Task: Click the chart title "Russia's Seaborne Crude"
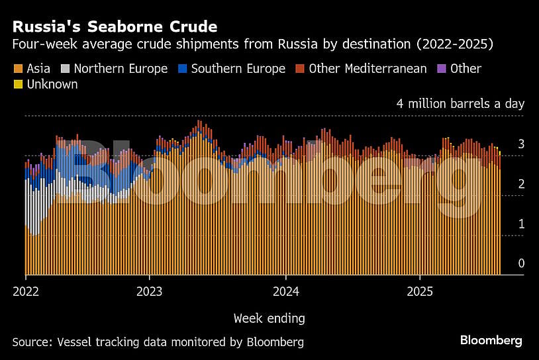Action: (115, 27)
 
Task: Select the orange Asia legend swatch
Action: (17, 69)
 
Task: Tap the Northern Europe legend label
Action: (121, 69)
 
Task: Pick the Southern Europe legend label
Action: (238, 69)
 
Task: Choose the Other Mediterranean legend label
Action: (367, 69)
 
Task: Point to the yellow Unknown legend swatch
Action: (17, 85)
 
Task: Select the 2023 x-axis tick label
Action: (149, 291)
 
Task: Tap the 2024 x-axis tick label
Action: (285, 291)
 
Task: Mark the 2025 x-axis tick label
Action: (420, 291)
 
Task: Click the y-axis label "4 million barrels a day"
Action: (460, 104)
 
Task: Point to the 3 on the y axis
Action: (521, 144)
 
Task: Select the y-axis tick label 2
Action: (521, 184)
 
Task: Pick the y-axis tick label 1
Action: (521, 224)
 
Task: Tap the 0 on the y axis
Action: (521, 263)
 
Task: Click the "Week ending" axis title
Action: (269, 318)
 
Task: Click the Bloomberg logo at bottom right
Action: (491, 341)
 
